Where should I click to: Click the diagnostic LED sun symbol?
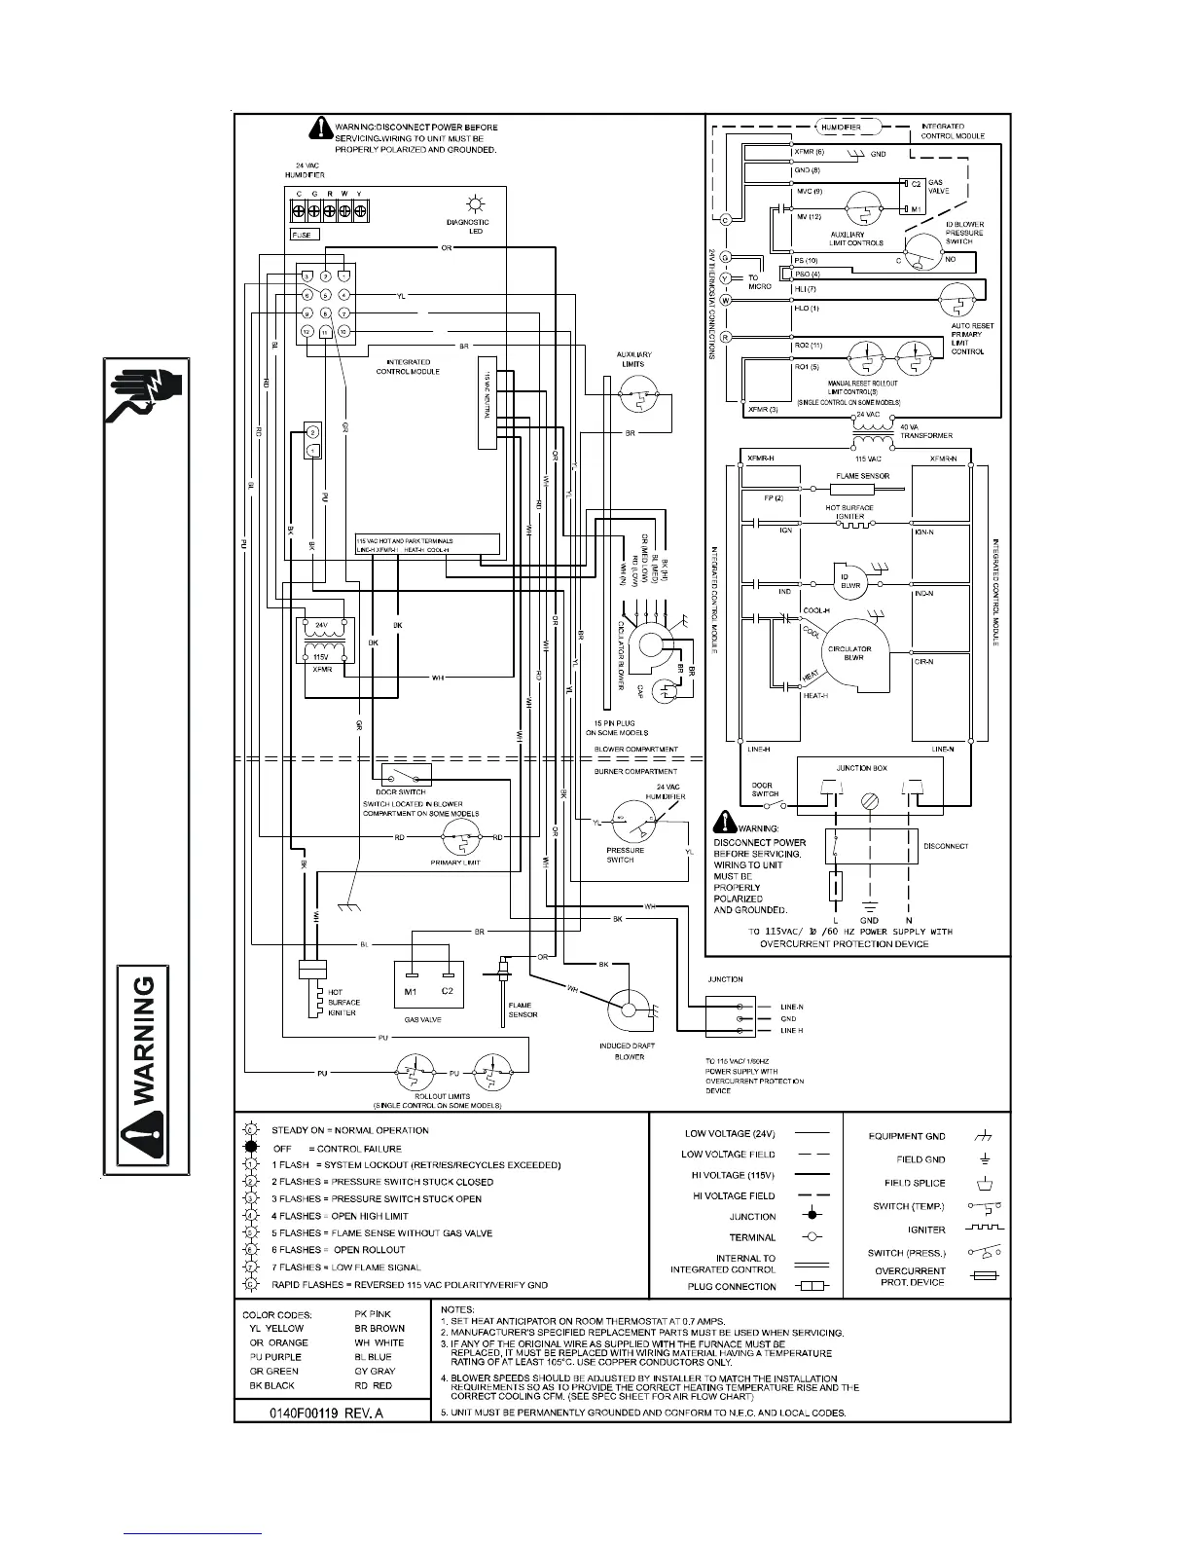pos(476,203)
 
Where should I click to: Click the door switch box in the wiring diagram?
pos(407,775)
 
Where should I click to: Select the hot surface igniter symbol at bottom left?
pos(312,989)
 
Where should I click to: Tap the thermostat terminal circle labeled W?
pos(725,300)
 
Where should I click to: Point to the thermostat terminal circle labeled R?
pos(725,337)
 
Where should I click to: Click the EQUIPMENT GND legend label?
pos(907,1136)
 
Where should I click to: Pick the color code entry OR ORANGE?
pos(279,1342)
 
